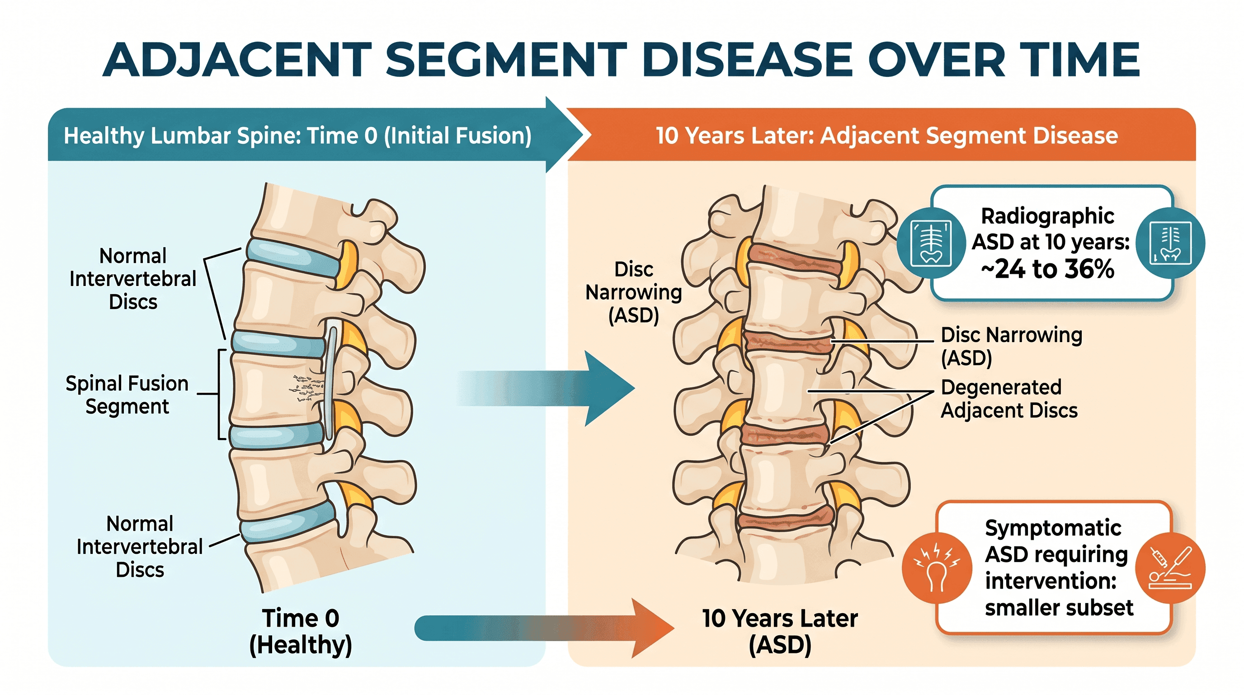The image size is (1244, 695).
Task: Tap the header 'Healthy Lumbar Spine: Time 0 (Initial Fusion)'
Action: [297, 135]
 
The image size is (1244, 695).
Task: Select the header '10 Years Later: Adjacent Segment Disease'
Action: [886, 135]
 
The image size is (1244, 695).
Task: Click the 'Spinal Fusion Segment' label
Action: [127, 395]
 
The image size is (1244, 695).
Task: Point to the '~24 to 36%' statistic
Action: [1047, 269]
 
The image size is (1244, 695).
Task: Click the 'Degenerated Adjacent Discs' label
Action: [1009, 399]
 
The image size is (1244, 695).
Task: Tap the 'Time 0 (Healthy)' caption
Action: [300, 631]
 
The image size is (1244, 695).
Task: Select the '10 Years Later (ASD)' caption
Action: [780, 631]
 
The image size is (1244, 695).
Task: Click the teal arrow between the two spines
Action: [546, 388]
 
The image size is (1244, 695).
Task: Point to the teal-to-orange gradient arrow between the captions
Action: [544, 628]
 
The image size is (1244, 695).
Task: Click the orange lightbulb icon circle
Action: [937, 568]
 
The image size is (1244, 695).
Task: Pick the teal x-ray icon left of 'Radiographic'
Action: [931, 243]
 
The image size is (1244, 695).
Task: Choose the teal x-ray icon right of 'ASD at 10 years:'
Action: [1171, 243]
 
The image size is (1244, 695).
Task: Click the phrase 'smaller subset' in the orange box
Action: [1059, 608]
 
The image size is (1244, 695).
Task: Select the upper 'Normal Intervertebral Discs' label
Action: [133, 279]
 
